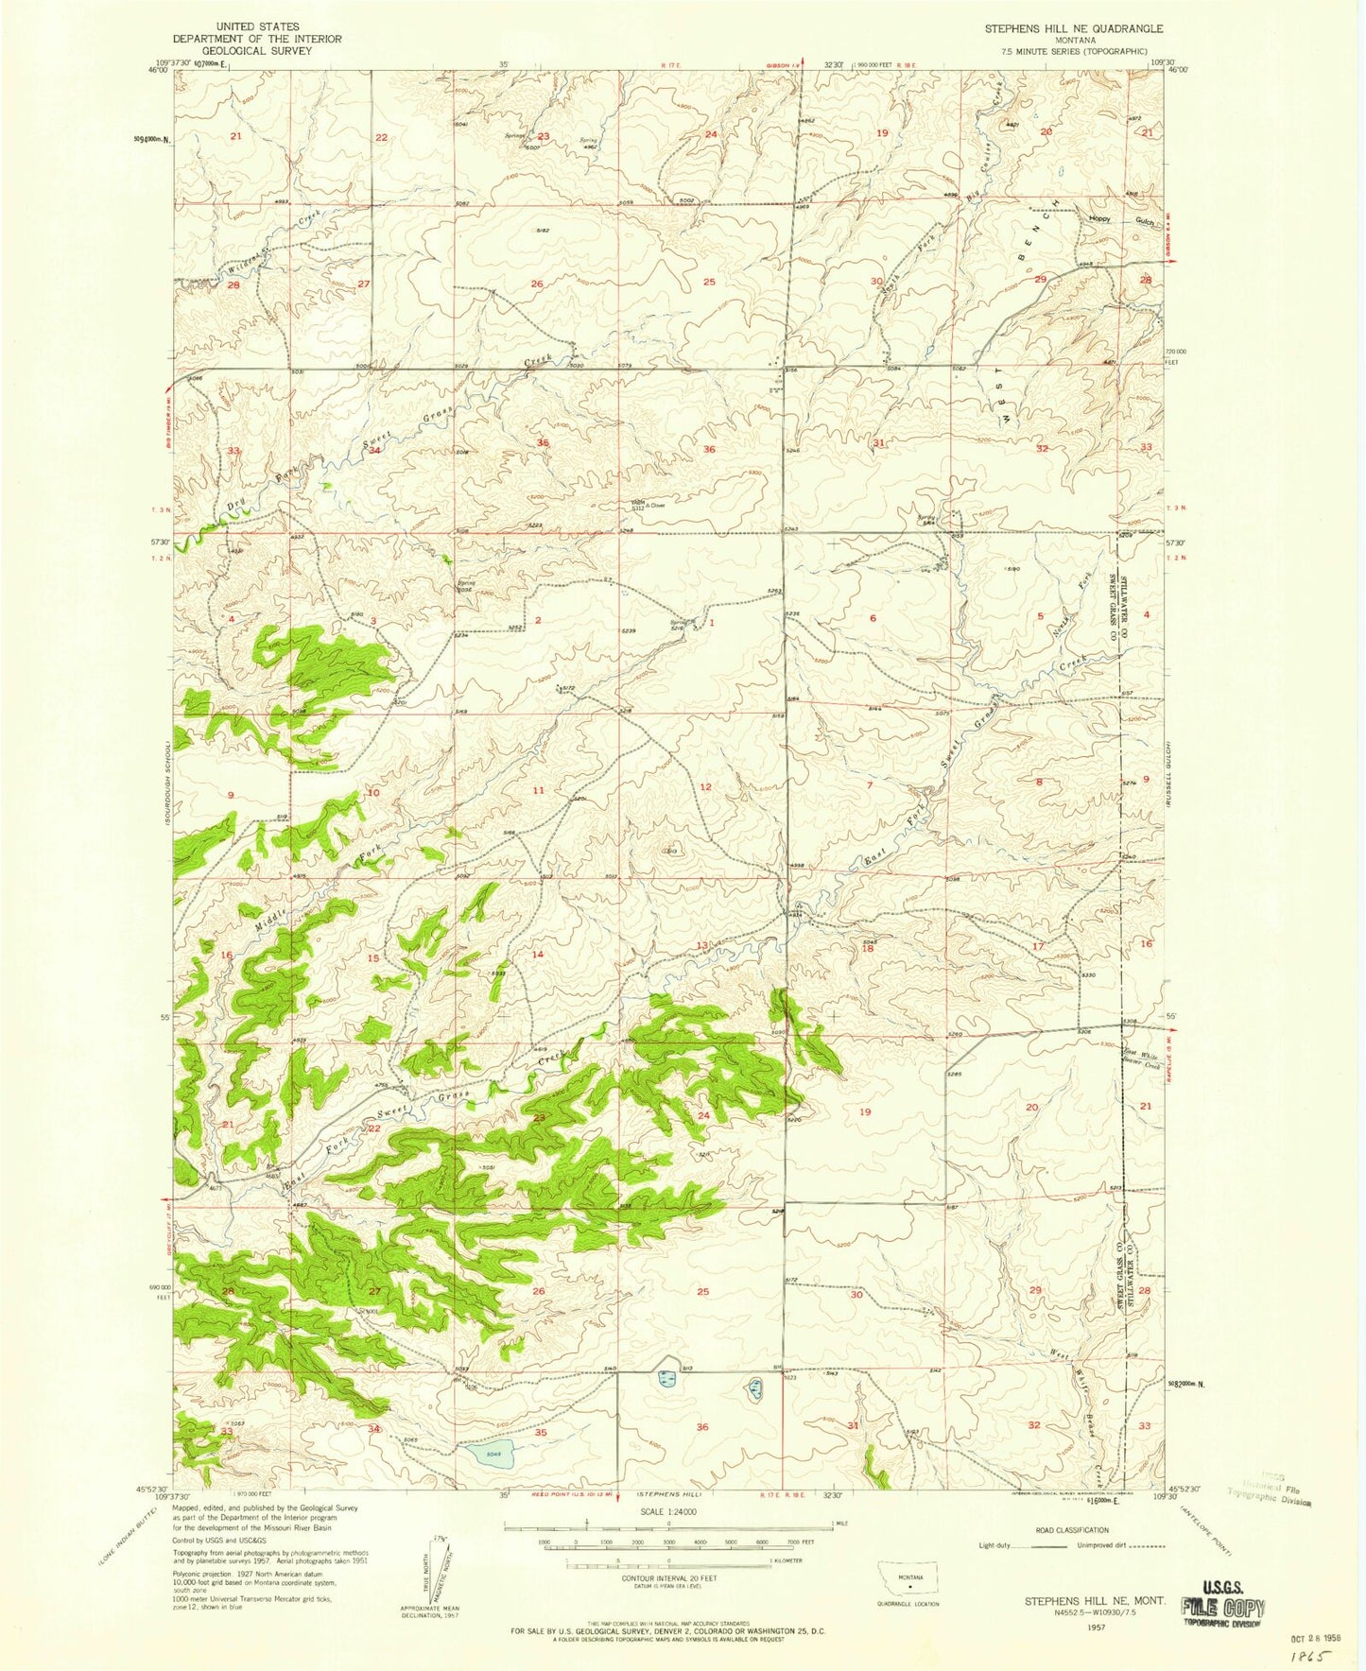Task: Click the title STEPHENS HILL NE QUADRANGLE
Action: (1074, 29)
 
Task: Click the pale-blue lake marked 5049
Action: (489, 1453)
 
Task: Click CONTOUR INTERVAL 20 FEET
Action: (668, 1577)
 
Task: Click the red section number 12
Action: (705, 786)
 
